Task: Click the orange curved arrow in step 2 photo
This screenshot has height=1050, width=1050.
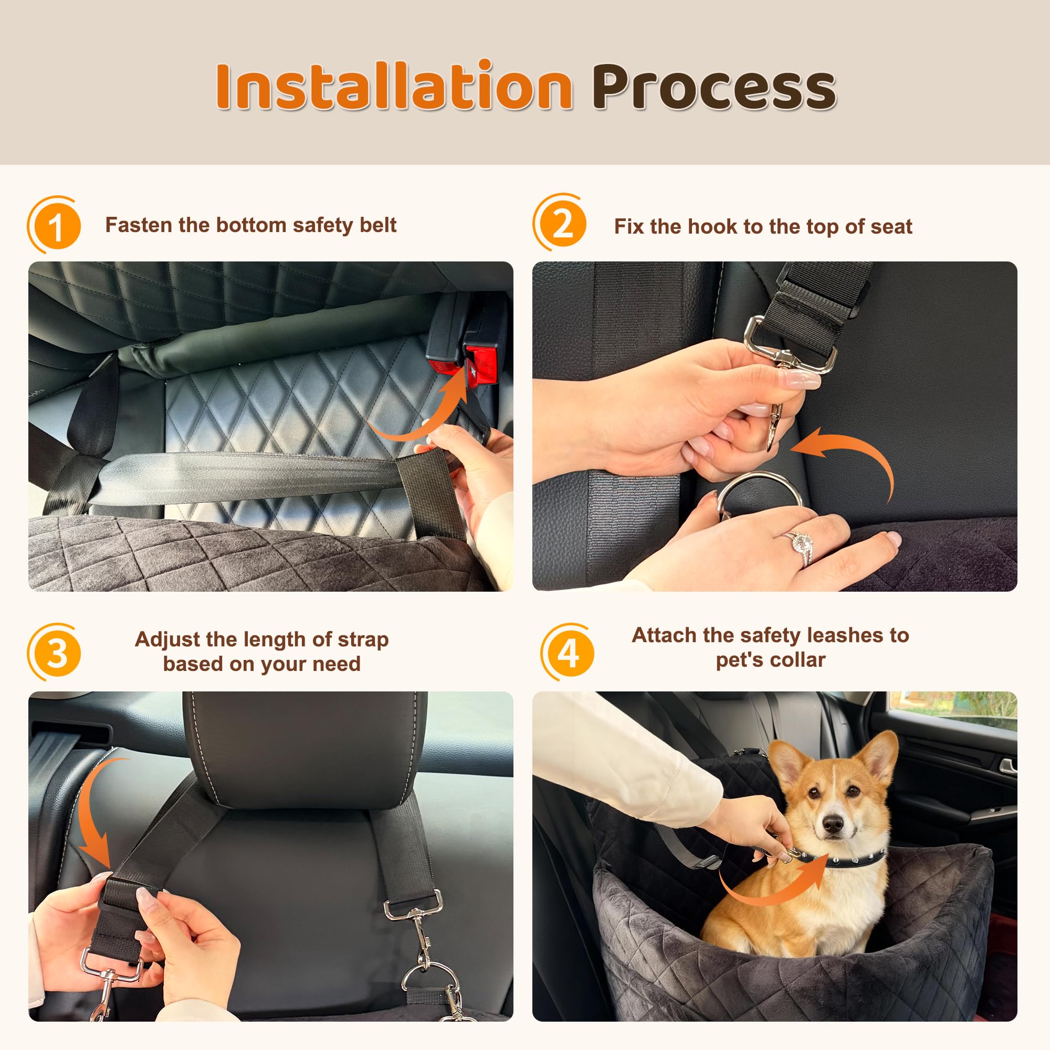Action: point(853,457)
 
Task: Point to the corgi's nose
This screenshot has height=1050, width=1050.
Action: point(832,824)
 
